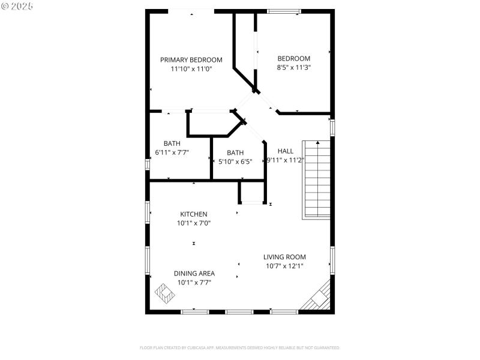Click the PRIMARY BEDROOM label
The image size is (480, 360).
191,59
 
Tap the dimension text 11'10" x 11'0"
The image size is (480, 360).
191,69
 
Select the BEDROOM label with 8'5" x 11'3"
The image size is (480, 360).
293,58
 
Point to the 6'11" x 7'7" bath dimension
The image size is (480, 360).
172,152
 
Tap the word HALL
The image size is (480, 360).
286,151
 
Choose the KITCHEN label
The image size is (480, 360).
194,214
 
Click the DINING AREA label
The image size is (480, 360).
194,273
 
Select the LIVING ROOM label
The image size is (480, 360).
285,257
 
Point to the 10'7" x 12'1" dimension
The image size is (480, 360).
285,266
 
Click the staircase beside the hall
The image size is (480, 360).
316,179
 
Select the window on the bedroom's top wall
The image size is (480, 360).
284,11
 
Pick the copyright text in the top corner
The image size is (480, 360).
17,5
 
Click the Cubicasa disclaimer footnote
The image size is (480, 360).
240,347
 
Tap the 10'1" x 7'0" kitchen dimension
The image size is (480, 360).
194,223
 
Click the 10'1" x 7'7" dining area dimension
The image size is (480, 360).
194,282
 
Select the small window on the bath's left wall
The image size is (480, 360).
148,163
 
